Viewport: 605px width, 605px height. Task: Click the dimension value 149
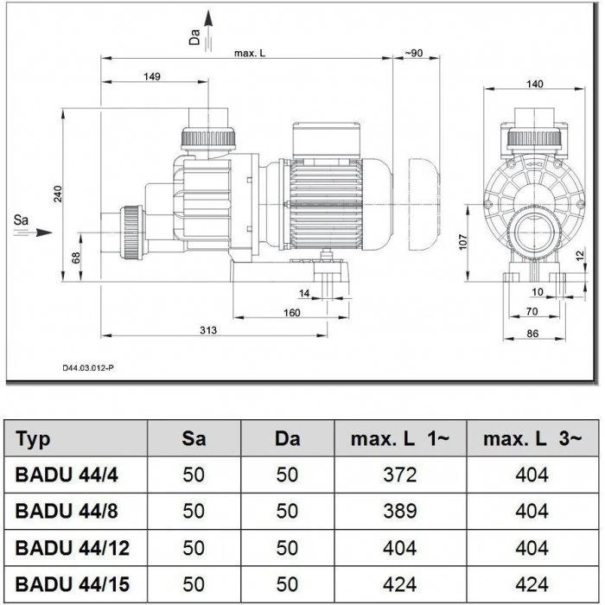(x=151, y=77)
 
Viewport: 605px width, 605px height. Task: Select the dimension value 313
(x=206, y=329)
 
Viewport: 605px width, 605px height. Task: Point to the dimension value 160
(x=291, y=312)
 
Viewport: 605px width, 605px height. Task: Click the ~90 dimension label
(x=413, y=54)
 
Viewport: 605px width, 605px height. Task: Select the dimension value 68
(x=76, y=257)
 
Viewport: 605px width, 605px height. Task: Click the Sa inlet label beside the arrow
(x=22, y=223)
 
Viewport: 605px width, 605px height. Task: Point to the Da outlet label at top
(x=194, y=35)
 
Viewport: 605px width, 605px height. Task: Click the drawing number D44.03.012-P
(x=87, y=367)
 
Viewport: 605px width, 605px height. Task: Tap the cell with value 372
(x=400, y=475)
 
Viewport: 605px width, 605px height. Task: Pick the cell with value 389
(x=400, y=512)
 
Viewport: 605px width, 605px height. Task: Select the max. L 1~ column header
(x=400, y=439)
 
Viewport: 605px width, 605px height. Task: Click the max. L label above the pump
(x=250, y=54)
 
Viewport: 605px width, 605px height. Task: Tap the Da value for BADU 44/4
(x=287, y=475)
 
